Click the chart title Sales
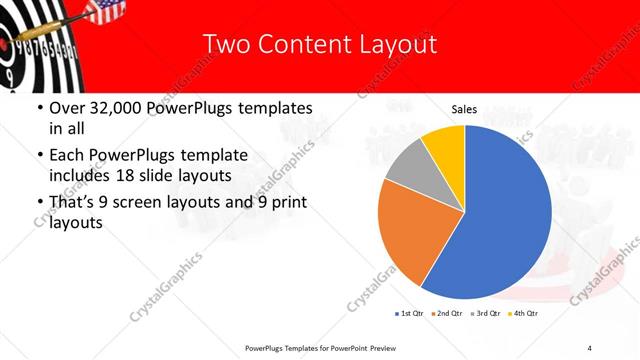(x=464, y=110)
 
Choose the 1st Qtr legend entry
(x=410, y=313)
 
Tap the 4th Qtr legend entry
(x=524, y=313)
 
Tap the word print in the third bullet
(x=286, y=202)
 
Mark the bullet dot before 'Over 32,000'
(x=38, y=107)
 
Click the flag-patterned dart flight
(x=105, y=13)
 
